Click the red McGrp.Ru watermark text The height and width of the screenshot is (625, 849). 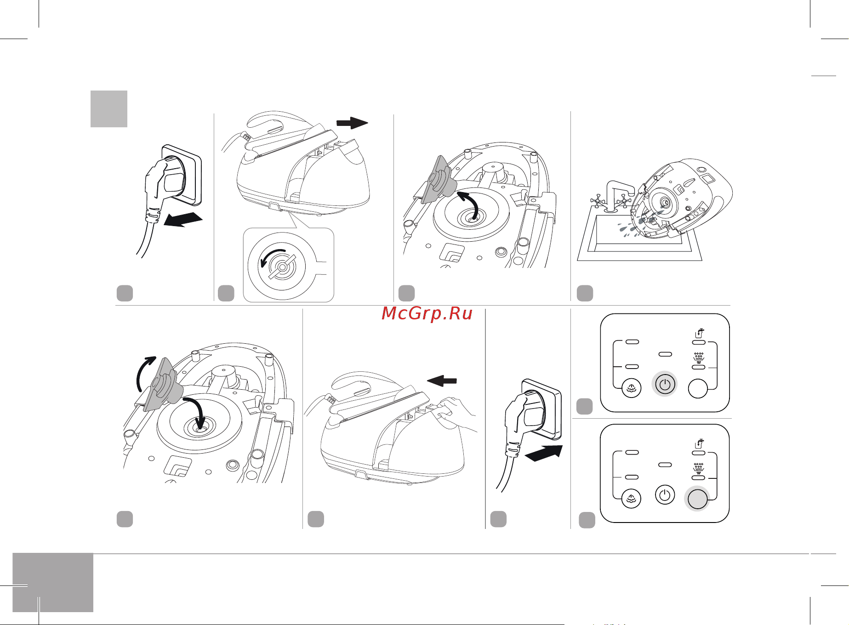point(427,313)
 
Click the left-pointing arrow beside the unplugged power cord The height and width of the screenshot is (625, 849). point(183,220)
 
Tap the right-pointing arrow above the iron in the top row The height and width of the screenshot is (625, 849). point(352,123)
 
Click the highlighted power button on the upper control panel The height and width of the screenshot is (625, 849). point(665,384)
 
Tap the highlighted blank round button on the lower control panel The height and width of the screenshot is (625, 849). point(697,499)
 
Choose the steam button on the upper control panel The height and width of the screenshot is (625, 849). point(632,388)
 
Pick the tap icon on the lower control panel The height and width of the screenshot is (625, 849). point(699,443)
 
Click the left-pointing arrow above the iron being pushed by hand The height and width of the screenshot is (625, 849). point(442,381)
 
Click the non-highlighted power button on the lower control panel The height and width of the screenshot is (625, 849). point(665,495)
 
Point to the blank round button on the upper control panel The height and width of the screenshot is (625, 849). point(698,388)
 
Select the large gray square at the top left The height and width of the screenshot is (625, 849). point(109,108)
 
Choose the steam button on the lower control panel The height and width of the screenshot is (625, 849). point(632,499)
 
